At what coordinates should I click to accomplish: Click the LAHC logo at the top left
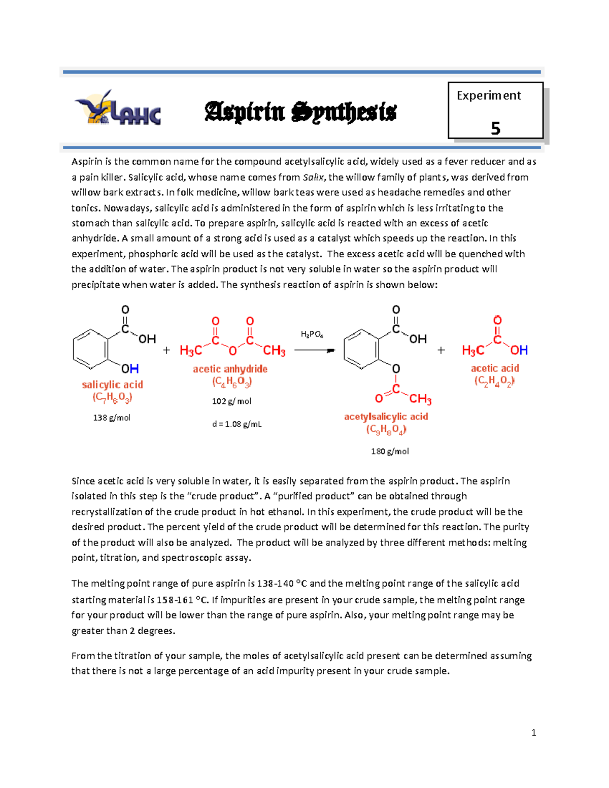point(118,108)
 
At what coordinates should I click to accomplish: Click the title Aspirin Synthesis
point(300,112)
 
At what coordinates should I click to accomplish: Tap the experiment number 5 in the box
point(495,128)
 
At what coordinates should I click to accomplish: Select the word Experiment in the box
point(488,95)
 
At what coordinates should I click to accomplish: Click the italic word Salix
point(313,177)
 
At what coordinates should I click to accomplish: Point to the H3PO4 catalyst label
point(312,334)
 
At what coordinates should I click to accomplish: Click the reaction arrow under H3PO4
point(315,350)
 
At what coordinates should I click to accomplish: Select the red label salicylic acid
point(112,385)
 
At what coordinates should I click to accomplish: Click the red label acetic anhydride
point(230,369)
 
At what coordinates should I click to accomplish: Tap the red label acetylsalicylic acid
point(386,417)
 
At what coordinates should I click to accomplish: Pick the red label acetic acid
point(495,368)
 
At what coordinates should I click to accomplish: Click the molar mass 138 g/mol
point(112,418)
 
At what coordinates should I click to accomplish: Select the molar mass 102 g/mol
point(231,401)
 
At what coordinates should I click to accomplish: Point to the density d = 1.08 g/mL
point(237,424)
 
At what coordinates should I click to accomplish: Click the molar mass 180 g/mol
point(390,451)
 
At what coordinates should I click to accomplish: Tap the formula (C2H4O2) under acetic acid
point(494,381)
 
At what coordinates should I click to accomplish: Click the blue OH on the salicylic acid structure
point(130,368)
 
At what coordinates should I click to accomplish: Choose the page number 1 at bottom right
point(533,732)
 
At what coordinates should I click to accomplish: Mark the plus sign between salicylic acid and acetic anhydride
point(166,350)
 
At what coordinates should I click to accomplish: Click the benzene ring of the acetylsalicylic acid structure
point(361,349)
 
